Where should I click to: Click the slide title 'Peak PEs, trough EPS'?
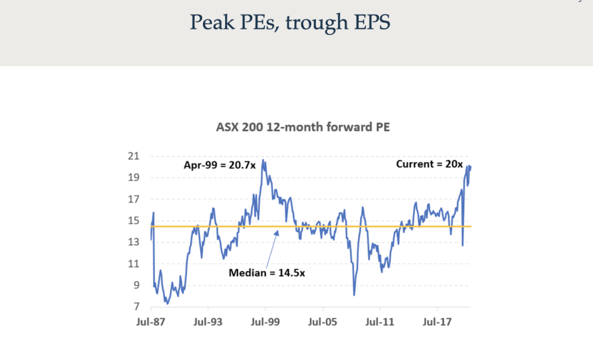(x=290, y=23)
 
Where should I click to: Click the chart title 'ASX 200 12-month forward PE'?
(x=303, y=127)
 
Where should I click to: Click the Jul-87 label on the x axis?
(x=151, y=321)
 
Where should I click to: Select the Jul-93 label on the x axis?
(x=208, y=321)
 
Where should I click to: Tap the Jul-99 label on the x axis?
(x=265, y=321)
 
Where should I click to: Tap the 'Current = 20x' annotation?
(x=429, y=164)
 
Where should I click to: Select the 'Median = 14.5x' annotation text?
(x=267, y=273)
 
